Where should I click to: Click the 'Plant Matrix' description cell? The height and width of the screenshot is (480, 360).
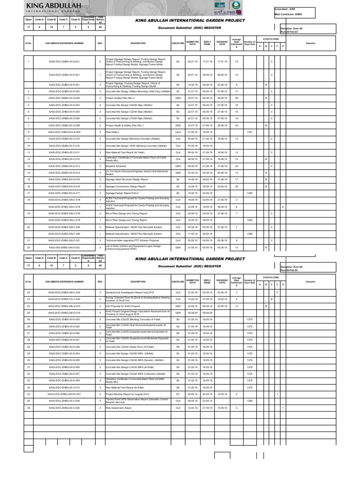[x=111, y=133]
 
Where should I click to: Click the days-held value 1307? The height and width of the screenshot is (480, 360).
[x=249, y=133]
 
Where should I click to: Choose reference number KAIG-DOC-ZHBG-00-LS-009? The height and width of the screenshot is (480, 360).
[x=65, y=133]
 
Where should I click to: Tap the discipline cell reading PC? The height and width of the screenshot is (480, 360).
[x=178, y=395]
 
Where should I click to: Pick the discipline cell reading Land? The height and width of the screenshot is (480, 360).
[x=178, y=133]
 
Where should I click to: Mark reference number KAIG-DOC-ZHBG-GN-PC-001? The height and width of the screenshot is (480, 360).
[x=65, y=395]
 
